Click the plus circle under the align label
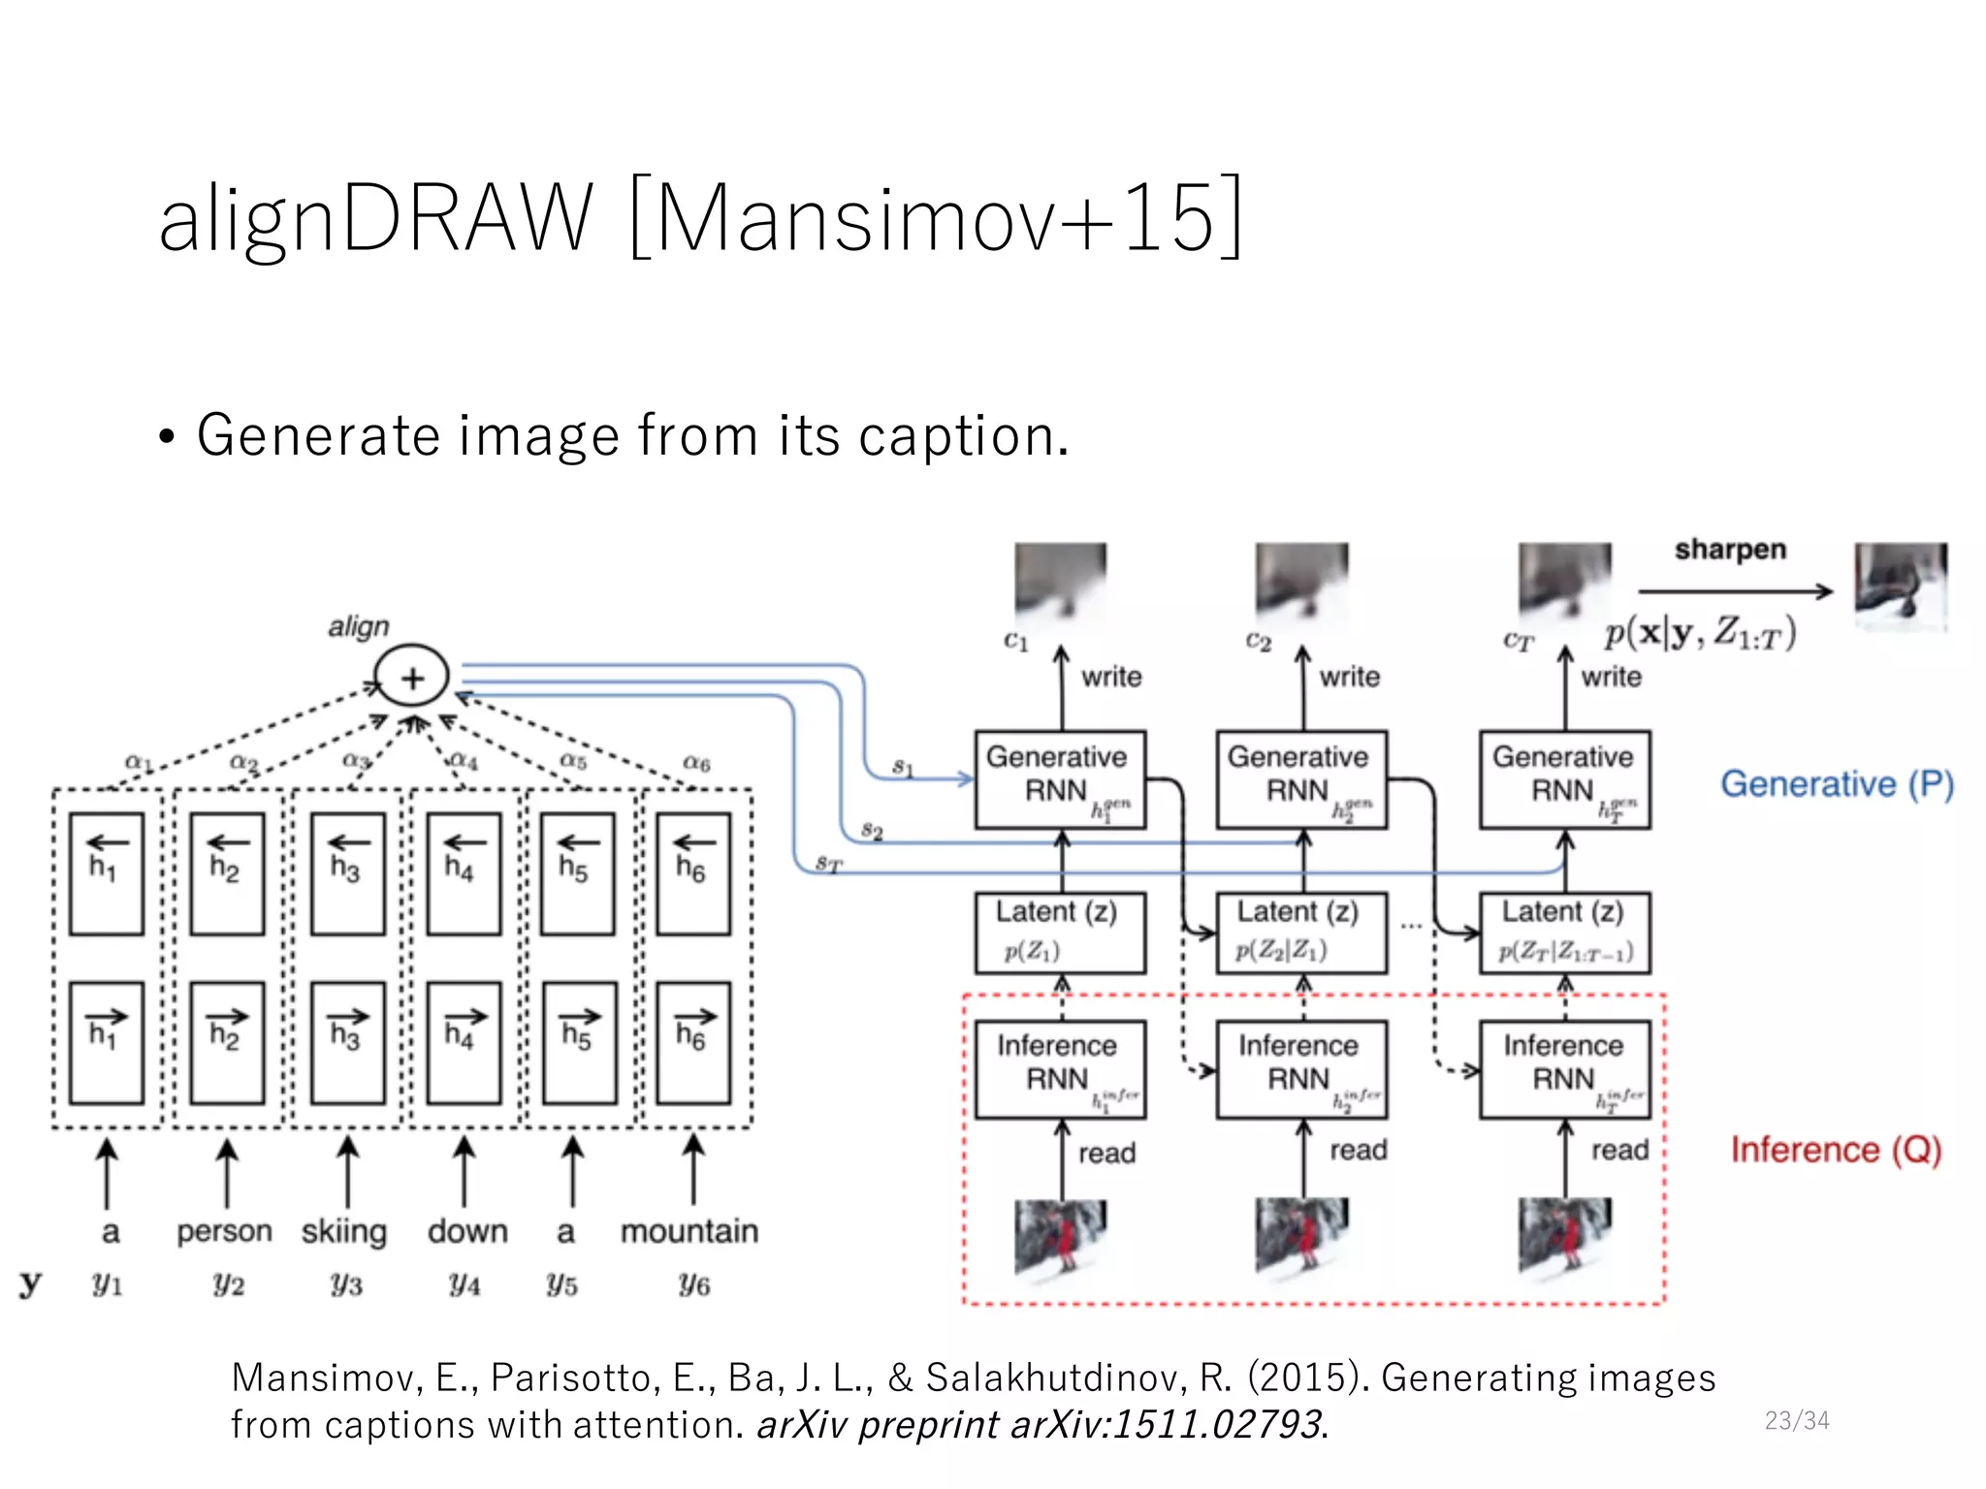[x=412, y=677]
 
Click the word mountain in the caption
[x=689, y=1231]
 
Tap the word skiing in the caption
[x=343, y=1231]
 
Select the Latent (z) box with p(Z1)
[x=1060, y=933]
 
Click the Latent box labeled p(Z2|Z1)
[x=1301, y=933]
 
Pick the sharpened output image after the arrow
[x=1900, y=586]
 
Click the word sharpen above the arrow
[x=1729, y=549]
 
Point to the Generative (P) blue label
[x=1836, y=783]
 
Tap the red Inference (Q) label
[x=1836, y=1150]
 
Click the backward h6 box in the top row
[x=692, y=873]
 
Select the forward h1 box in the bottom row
[x=107, y=1043]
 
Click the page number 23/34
[x=1796, y=1420]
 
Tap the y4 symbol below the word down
[x=464, y=1284]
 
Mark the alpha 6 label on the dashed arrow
[x=695, y=763]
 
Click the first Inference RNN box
[x=1060, y=1069]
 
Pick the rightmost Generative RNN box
[x=1564, y=779]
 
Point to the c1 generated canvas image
[x=1060, y=582]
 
